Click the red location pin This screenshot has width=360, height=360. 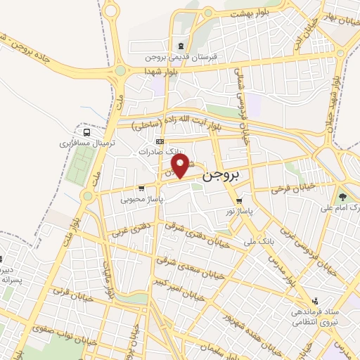click(x=182, y=166)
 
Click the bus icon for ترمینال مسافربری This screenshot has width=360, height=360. click(x=86, y=131)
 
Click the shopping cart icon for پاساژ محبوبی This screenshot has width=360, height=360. click(x=142, y=188)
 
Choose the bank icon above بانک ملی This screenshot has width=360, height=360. click(x=247, y=227)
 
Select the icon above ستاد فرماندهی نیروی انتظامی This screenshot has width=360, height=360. click(x=315, y=300)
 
